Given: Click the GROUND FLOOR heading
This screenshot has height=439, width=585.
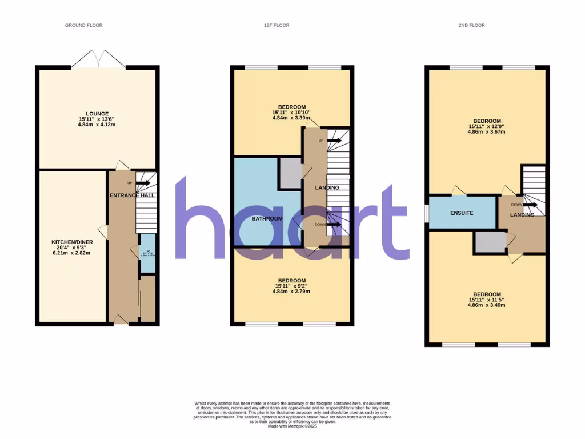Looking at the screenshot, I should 83,25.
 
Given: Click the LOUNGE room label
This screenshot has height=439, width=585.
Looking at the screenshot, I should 97,113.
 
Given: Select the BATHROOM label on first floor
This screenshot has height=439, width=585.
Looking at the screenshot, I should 267,219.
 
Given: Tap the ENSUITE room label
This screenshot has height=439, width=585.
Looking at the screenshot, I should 462,213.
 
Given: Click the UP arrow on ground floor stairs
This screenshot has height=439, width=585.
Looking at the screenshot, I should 143,183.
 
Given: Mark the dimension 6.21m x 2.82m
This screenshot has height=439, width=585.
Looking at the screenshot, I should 72,253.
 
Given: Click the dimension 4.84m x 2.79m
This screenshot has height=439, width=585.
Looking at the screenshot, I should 291,292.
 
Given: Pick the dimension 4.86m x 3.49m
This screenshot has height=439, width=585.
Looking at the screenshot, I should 487,305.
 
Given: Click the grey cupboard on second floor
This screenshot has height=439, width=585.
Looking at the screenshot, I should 490,242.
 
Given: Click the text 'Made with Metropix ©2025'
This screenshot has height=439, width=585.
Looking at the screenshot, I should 292,426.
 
